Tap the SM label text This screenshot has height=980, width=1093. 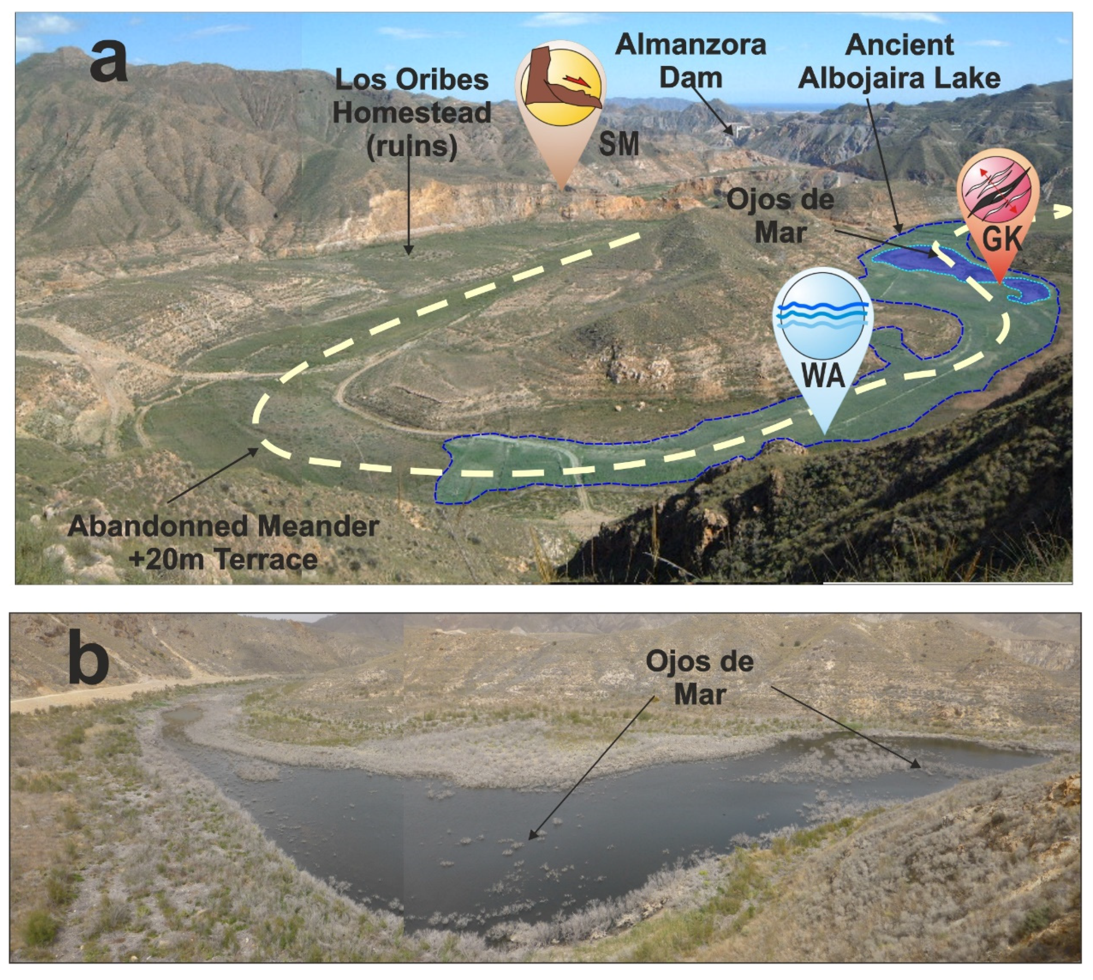(x=619, y=144)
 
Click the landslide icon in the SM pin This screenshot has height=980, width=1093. (x=561, y=80)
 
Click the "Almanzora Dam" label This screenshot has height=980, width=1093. (x=691, y=60)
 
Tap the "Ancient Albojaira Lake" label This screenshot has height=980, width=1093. (x=899, y=62)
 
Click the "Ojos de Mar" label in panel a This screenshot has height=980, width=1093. (x=780, y=216)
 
